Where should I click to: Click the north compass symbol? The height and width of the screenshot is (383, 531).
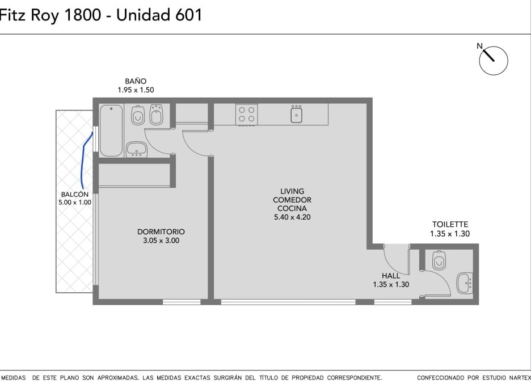pyautogui.click(x=494, y=60)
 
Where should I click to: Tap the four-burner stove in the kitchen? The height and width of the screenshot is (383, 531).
pyautogui.click(x=247, y=115)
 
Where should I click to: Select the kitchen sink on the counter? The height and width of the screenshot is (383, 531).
pyautogui.click(x=296, y=113)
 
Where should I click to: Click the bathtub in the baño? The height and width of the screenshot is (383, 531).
pyautogui.click(x=111, y=131)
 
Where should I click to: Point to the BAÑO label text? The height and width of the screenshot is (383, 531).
pyautogui.click(x=136, y=81)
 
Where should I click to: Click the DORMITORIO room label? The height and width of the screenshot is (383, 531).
pyautogui.click(x=161, y=232)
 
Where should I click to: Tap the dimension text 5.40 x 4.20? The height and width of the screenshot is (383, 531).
pyautogui.click(x=292, y=217)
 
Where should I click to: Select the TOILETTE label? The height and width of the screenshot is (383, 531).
pyautogui.click(x=450, y=224)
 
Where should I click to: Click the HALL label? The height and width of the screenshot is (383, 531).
pyautogui.click(x=391, y=276)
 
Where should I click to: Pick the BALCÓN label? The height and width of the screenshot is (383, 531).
pyautogui.click(x=75, y=195)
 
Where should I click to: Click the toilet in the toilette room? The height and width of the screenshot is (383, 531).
pyautogui.click(x=439, y=260)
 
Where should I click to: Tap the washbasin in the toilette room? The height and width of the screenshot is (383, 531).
pyautogui.click(x=464, y=284)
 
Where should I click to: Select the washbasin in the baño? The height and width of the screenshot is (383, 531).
pyautogui.click(x=136, y=149)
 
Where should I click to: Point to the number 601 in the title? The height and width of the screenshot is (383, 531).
pyautogui.click(x=188, y=15)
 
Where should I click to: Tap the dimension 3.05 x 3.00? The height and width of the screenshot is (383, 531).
pyautogui.click(x=161, y=241)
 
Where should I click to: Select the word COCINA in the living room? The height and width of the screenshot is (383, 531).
pyautogui.click(x=292, y=209)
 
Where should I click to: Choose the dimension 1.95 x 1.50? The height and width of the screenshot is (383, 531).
pyautogui.click(x=136, y=90)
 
